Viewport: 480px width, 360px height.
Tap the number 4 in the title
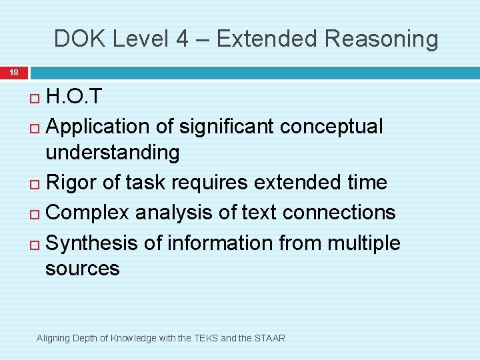(x=181, y=39)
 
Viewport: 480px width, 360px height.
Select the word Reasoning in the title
(x=382, y=39)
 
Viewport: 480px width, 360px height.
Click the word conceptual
(x=332, y=126)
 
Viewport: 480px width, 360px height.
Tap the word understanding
(x=112, y=153)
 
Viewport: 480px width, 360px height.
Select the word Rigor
(x=73, y=182)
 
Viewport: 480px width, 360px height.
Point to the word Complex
(x=89, y=212)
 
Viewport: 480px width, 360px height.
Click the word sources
(x=82, y=269)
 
